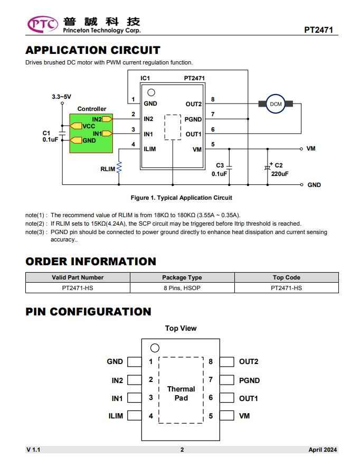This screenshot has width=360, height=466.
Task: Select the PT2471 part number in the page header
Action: pyautogui.click(x=318, y=30)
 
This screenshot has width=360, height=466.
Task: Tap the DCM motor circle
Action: pyautogui.click(x=276, y=104)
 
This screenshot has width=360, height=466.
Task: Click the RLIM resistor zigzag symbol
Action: pyautogui.click(x=119, y=167)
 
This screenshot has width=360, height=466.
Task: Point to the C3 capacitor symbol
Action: pyautogui.click(x=229, y=167)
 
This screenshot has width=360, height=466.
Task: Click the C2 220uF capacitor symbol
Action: pyautogui.click(x=268, y=167)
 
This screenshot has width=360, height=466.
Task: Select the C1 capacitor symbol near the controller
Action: pyautogui.click(x=62, y=133)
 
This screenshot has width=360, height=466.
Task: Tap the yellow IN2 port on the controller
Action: pyautogui.click(x=107, y=119)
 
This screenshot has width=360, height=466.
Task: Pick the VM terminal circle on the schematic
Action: pyautogui.click(x=301, y=148)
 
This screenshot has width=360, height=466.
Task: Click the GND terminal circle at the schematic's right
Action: pyautogui.click(x=301, y=184)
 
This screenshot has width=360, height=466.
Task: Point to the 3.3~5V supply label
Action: pyautogui.click(x=61, y=97)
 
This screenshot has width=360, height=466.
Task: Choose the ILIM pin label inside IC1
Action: pyautogui.click(x=150, y=149)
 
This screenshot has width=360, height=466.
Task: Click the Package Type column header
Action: pyautogui.click(x=182, y=277)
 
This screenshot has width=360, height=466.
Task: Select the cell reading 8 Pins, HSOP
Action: pyautogui.click(x=182, y=287)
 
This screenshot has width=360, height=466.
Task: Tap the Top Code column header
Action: pyautogui.click(x=286, y=277)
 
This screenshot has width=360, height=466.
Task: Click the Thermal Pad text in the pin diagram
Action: pyautogui.click(x=181, y=394)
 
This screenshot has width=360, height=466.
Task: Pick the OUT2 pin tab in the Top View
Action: pyautogui.click(x=227, y=362)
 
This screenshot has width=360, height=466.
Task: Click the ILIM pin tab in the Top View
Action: pyautogui.click(x=135, y=415)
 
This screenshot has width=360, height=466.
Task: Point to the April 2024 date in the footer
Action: pyautogui.click(x=323, y=450)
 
